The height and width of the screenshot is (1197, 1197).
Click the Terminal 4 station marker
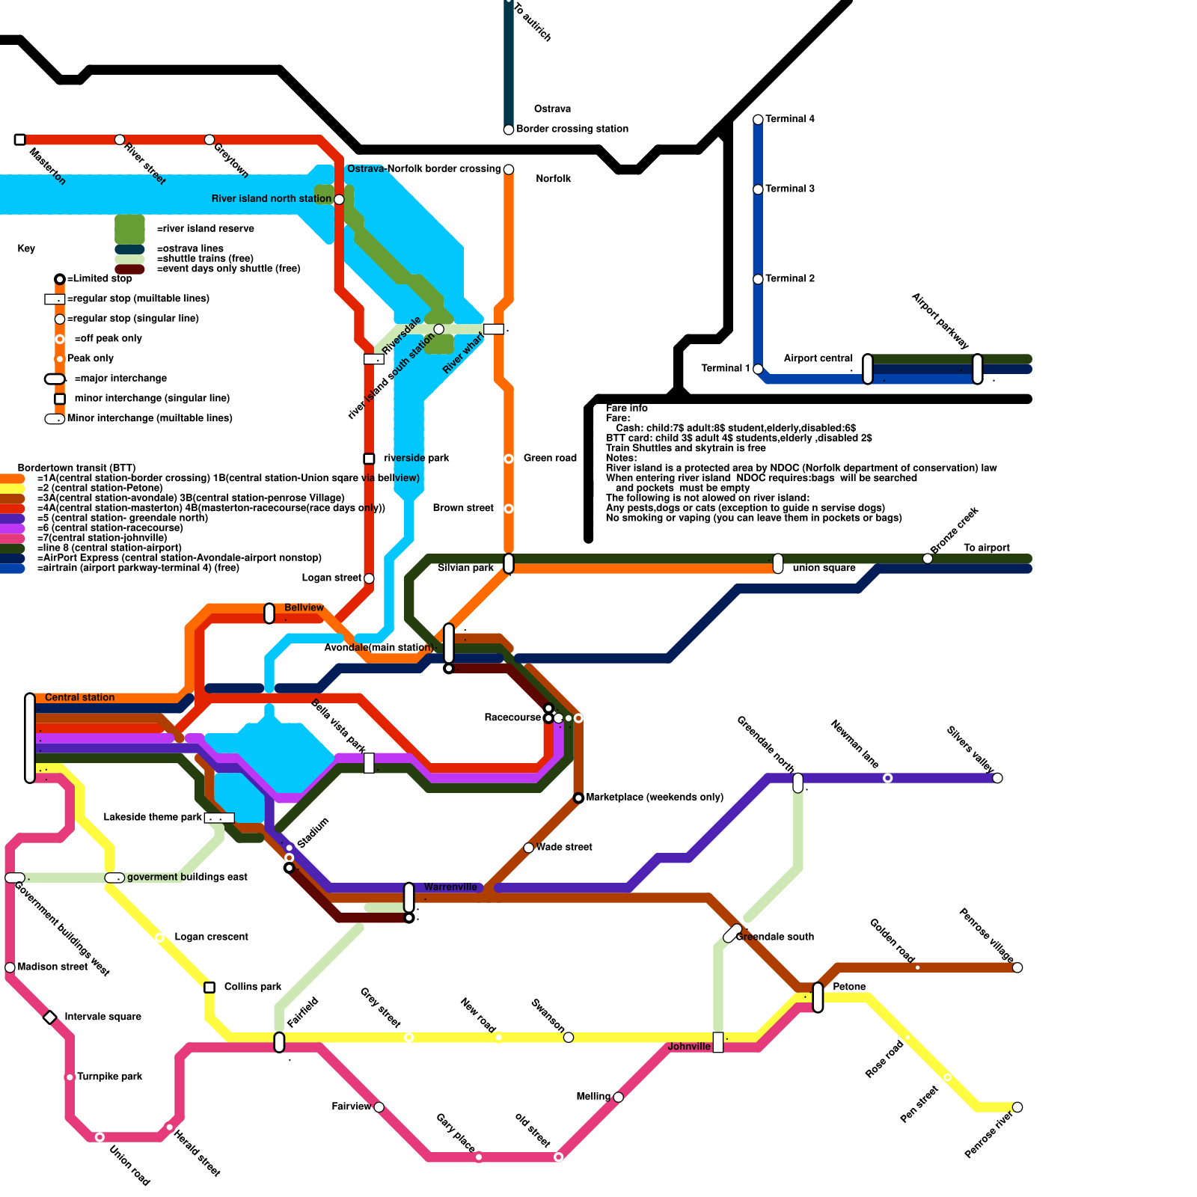(758, 120)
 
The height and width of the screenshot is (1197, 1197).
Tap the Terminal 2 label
(790, 278)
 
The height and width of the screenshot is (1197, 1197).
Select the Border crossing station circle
(509, 129)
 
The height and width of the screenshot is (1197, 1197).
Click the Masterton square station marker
(20, 140)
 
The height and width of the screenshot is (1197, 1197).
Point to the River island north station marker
(339, 199)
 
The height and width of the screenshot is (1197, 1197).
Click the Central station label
(79, 697)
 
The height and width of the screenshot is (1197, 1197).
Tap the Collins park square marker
(209, 988)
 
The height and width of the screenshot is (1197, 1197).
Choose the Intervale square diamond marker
(50, 1017)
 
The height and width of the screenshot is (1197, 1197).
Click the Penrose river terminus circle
(1017, 1107)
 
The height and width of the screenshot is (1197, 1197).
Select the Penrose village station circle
(1017, 967)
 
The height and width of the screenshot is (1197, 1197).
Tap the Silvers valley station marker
(997, 778)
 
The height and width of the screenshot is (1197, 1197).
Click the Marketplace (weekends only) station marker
(578, 798)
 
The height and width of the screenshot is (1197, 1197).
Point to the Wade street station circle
(529, 848)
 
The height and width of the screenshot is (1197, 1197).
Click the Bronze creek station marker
(928, 559)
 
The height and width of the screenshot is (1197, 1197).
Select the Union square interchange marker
(778, 563)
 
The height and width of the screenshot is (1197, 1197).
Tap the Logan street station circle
(369, 578)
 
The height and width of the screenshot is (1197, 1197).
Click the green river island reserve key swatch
(129, 229)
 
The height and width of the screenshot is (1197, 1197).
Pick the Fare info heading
(627, 408)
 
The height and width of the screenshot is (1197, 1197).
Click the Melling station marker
(618, 1097)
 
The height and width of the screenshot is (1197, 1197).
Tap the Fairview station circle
(379, 1107)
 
